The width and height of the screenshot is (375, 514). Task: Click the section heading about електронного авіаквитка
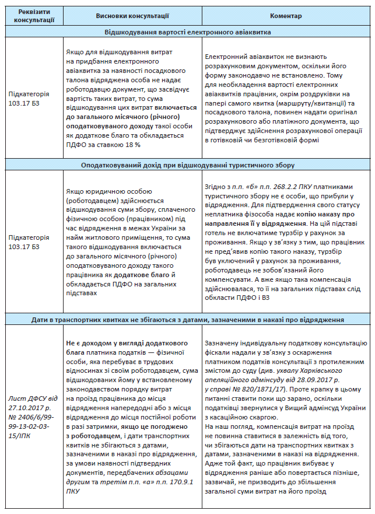(187, 32)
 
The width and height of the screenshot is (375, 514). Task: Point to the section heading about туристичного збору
(187, 165)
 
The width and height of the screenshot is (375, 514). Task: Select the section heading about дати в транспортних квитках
(187, 319)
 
